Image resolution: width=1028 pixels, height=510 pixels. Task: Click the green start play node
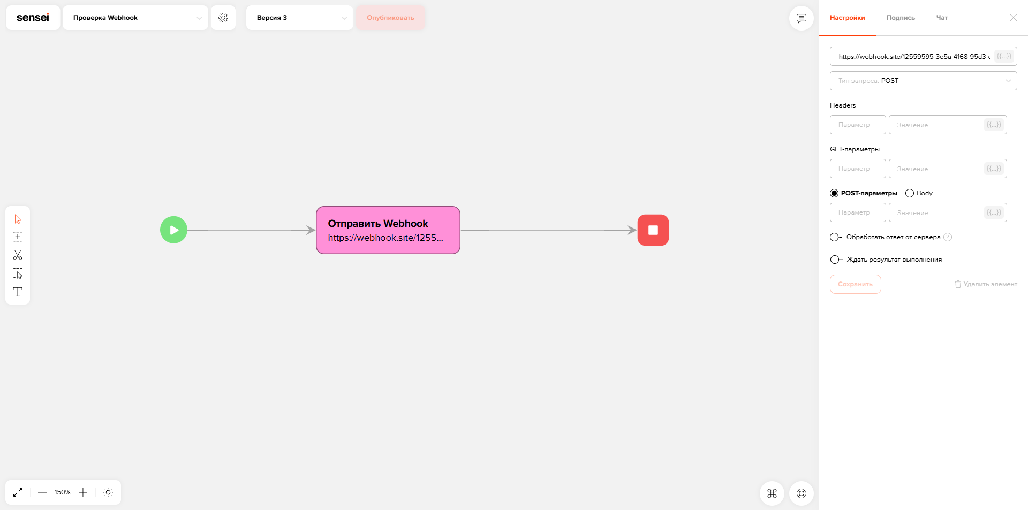click(x=173, y=230)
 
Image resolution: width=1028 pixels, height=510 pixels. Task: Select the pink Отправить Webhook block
click(x=388, y=230)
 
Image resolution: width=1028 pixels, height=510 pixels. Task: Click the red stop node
click(x=653, y=230)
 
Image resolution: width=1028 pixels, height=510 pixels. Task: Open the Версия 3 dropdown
click(x=300, y=18)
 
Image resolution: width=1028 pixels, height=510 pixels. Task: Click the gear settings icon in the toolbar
click(x=223, y=18)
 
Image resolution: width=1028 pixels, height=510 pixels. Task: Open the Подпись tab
click(x=901, y=18)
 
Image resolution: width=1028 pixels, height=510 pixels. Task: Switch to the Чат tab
click(x=942, y=18)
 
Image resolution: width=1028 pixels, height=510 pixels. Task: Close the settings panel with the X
click(x=1014, y=18)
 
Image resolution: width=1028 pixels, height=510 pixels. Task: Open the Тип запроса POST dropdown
click(x=924, y=81)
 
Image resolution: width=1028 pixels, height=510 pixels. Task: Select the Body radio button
click(x=910, y=193)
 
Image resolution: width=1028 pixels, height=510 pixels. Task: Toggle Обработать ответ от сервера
click(x=836, y=237)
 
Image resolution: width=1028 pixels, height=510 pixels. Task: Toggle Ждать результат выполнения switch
click(x=836, y=260)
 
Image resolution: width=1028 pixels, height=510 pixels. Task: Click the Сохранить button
click(x=855, y=284)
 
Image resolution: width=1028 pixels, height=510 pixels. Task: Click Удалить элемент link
click(x=986, y=284)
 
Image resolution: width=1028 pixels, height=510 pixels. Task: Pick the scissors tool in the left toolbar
click(x=18, y=255)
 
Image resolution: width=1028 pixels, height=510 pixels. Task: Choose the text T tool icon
click(x=18, y=292)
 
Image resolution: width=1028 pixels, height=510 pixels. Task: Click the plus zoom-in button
click(x=83, y=492)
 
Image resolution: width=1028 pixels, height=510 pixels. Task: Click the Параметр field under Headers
click(x=858, y=125)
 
